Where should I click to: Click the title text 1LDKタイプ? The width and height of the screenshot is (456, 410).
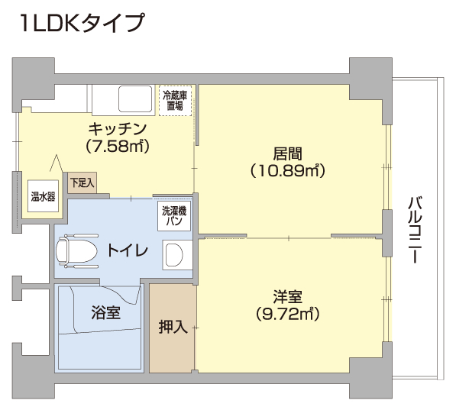click(x=82, y=23)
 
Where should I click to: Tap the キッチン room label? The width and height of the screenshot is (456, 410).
click(x=117, y=129)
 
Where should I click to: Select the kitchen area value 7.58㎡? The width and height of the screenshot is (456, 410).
click(x=118, y=147)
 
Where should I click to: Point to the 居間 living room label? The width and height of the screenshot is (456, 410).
click(x=287, y=153)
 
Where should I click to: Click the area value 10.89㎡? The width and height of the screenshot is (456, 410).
click(x=287, y=171)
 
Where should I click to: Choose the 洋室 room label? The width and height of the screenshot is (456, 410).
click(x=288, y=296)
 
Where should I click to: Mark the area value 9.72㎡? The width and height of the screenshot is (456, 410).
click(x=288, y=314)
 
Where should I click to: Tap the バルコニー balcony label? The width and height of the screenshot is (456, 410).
click(x=414, y=230)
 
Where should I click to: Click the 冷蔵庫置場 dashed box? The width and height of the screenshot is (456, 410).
click(x=175, y=101)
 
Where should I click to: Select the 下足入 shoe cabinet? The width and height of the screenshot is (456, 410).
click(x=82, y=183)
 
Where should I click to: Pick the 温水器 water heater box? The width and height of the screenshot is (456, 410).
click(x=43, y=196)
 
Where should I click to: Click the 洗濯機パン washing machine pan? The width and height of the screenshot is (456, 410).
click(x=174, y=216)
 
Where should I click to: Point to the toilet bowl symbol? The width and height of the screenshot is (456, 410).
click(x=77, y=250)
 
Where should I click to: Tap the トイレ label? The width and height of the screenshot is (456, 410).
click(x=128, y=250)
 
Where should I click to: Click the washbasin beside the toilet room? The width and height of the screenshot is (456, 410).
click(x=176, y=255)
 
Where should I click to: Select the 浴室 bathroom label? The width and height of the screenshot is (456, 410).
click(x=105, y=313)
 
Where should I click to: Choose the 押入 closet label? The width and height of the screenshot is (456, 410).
click(x=173, y=327)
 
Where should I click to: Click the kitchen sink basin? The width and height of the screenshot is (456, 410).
click(x=135, y=98)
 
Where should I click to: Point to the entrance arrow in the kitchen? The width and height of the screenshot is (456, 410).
click(x=57, y=163)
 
